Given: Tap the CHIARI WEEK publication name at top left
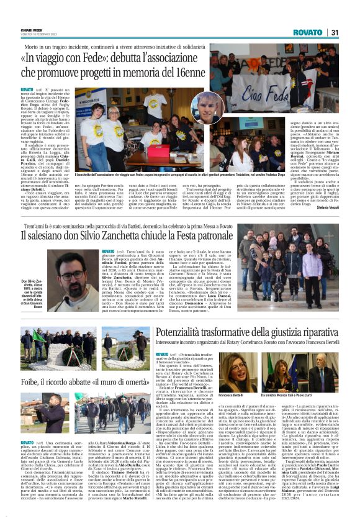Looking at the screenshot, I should coord(31,29).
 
